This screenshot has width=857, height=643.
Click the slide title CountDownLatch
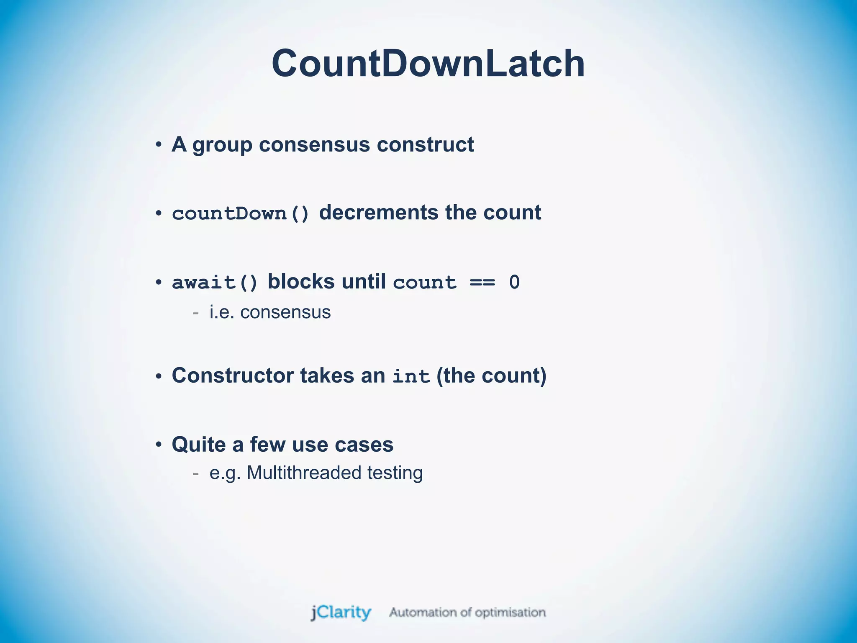pyautogui.click(x=428, y=64)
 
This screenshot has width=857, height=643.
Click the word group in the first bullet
pyautogui.click(x=222, y=145)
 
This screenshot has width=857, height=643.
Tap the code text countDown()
pyautogui.click(x=241, y=213)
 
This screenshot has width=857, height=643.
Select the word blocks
pyautogui.click(x=301, y=281)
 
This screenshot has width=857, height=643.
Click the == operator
pyautogui.click(x=482, y=283)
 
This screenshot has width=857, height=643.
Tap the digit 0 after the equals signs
pyautogui.click(x=514, y=283)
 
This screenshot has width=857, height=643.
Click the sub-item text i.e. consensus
pyautogui.click(x=270, y=312)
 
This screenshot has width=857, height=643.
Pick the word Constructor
pyautogui.click(x=233, y=375)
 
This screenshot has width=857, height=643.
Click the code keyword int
pyautogui.click(x=411, y=376)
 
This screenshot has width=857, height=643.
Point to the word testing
pyautogui.click(x=395, y=473)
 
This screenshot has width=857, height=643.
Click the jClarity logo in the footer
pyautogui.click(x=341, y=612)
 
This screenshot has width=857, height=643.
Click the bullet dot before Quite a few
pyautogui.click(x=159, y=445)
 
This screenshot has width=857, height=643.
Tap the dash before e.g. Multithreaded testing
pyautogui.click(x=195, y=473)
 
